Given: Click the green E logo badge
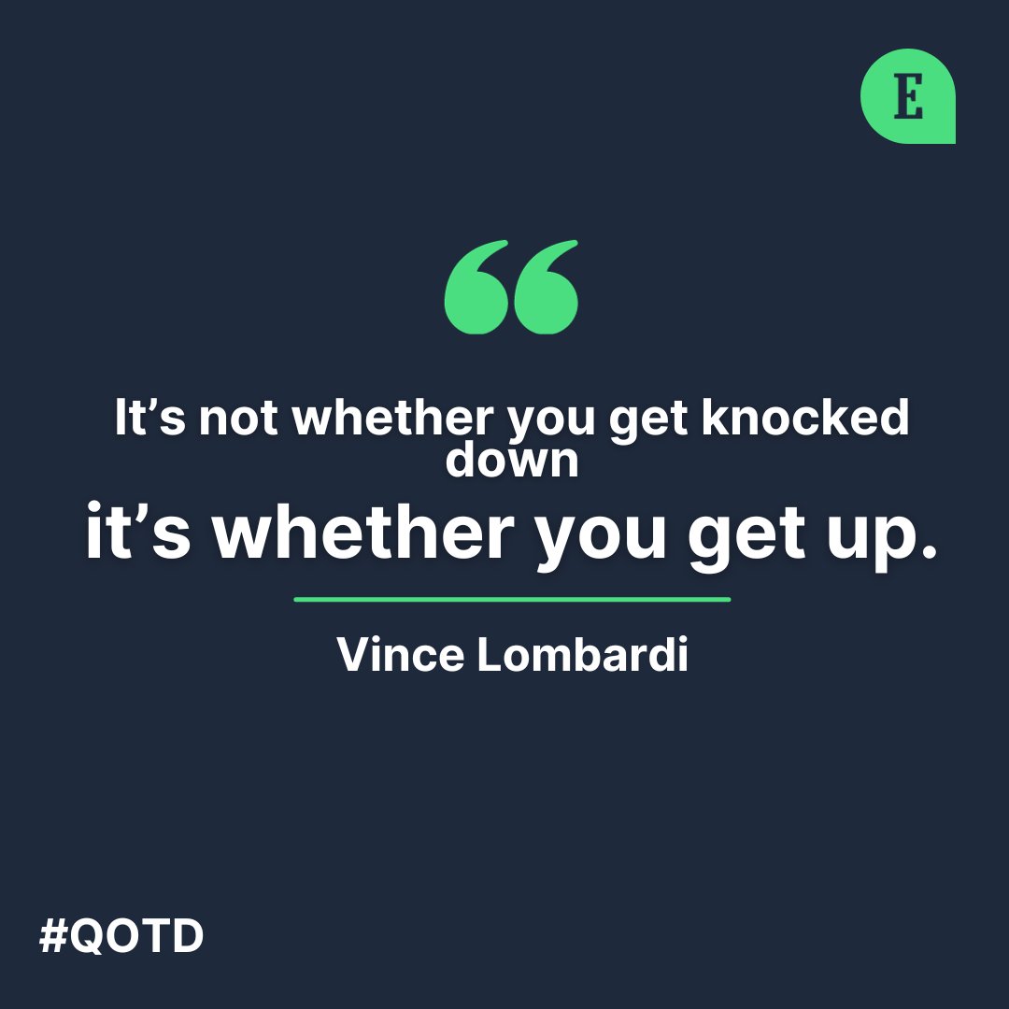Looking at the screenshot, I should pyautogui.click(x=907, y=96).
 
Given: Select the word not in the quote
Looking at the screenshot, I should pyautogui.click(x=238, y=418).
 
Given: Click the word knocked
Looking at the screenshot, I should pyautogui.click(x=805, y=418).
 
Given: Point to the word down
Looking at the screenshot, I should pyautogui.click(x=512, y=459).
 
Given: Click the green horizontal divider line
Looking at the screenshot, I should pyautogui.click(x=512, y=599).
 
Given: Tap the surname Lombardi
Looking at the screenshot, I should pyautogui.click(x=581, y=655).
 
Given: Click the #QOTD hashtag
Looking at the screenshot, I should pyautogui.click(x=121, y=936).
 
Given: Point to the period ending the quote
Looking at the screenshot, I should pyautogui.click(x=928, y=551).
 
